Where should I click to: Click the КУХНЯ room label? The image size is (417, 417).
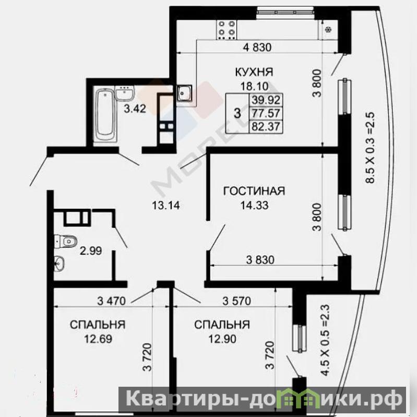point(254,72)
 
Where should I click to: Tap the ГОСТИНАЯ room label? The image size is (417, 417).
point(254,191)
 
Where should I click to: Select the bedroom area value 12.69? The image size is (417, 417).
point(98,339)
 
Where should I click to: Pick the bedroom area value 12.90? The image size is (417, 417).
point(222,339)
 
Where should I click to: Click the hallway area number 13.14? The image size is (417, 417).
point(166,205)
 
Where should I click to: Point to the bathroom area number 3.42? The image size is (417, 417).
point(135,109)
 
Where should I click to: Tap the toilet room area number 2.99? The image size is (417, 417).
point(91,251)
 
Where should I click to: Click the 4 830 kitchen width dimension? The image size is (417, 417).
point(257,47)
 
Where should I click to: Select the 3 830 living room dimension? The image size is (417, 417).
point(260,260)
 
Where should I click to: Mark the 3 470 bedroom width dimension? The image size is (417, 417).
point(111,301)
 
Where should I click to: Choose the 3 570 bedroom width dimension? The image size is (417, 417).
point(237,301)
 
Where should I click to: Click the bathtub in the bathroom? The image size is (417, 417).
point(106,115)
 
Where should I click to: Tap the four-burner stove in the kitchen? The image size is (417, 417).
point(228,30)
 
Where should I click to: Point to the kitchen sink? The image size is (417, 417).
point(184,93)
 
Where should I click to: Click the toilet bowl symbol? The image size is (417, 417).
point(66,241)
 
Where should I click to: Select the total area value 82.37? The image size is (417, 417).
point(266,126)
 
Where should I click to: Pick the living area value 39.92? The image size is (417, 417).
point(266,100)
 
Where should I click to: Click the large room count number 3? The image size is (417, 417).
point(237,113)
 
